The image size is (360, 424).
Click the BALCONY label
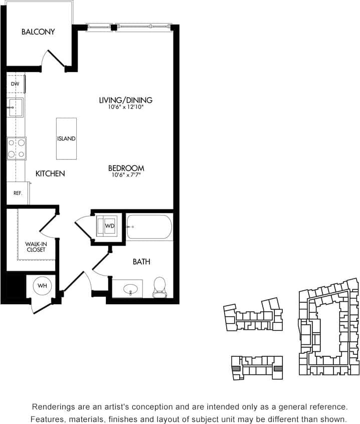pyautogui.click(x=38, y=32)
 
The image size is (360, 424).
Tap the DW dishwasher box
pyautogui.click(x=15, y=84)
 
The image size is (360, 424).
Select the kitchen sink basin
pyautogui.click(x=15, y=107)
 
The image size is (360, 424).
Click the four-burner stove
pyautogui.click(x=16, y=148)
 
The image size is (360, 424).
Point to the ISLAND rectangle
pyautogui.click(x=66, y=138)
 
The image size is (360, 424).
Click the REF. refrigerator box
pyautogui.click(x=18, y=193)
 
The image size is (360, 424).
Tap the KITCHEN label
pyautogui.click(x=50, y=173)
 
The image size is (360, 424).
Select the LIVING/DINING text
pyautogui.click(x=125, y=100)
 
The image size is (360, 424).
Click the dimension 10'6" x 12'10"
pyautogui.click(x=125, y=107)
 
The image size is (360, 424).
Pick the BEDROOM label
pyautogui.click(x=126, y=168)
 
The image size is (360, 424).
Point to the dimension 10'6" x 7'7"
pyautogui.click(x=126, y=175)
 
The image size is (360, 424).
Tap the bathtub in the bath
pyautogui.click(x=149, y=227)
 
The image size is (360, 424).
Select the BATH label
pyautogui.click(x=141, y=262)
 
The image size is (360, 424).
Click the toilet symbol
pyautogui.click(x=159, y=287)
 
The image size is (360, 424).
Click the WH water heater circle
pyautogui.click(x=43, y=286)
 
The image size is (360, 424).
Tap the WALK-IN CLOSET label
pyautogui.click(x=36, y=247)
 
